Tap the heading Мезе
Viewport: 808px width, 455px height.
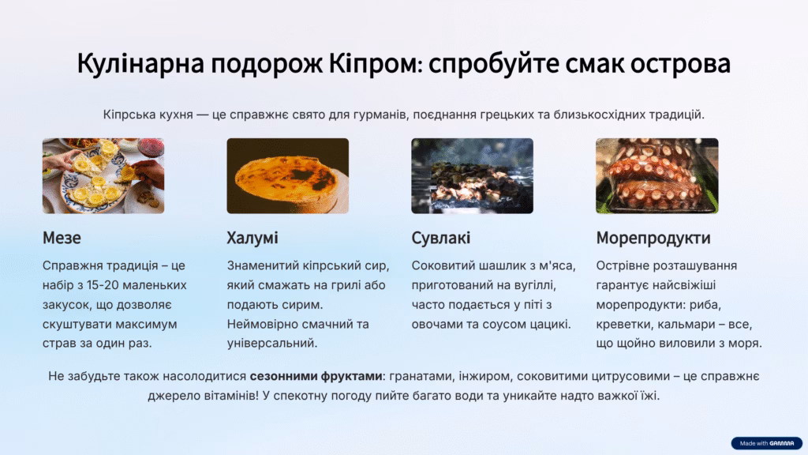(62, 238)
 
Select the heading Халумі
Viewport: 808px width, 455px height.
(252, 239)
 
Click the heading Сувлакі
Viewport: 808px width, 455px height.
(440, 239)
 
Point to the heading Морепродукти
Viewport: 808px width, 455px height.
(653, 239)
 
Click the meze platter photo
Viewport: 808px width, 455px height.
(103, 176)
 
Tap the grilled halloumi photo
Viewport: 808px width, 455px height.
(287, 176)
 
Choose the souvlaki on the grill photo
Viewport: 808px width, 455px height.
(472, 176)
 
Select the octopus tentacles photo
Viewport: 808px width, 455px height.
(657, 176)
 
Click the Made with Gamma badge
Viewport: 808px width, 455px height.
(767, 443)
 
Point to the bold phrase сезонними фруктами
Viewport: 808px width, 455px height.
(316, 377)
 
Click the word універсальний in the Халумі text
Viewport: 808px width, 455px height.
(272, 344)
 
